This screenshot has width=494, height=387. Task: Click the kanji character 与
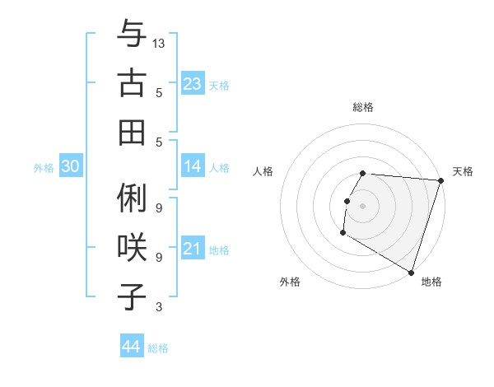[x=132, y=35]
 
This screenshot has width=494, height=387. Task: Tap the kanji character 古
[x=132, y=83]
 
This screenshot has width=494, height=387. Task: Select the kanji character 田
[x=132, y=132]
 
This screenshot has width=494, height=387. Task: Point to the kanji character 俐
[x=132, y=198]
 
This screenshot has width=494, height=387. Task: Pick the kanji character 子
[x=132, y=296]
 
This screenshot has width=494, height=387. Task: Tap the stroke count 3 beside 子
[x=159, y=307]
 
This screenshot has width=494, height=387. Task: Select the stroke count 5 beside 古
[x=159, y=93]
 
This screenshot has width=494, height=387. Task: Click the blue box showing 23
[x=192, y=84]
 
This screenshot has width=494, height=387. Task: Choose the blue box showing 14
[x=192, y=166]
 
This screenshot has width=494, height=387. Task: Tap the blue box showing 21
[x=192, y=249]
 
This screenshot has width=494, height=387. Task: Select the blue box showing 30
[x=70, y=167]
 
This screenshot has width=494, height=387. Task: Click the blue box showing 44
[x=131, y=347]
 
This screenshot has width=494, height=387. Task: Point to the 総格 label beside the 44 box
[x=158, y=348]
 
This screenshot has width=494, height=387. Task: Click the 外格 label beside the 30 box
[x=44, y=168]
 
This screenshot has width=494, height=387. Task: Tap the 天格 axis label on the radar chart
[x=463, y=171]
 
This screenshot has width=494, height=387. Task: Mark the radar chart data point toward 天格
[x=440, y=180]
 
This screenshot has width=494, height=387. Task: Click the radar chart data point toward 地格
[x=410, y=271]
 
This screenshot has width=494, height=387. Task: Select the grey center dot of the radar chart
[x=362, y=205]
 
